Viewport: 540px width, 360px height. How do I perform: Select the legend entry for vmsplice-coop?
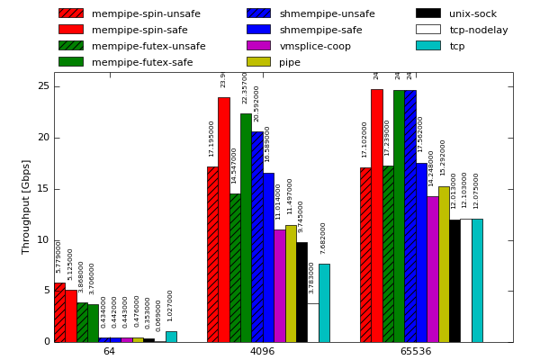point(315,46)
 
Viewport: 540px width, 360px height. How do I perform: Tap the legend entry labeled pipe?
point(290,62)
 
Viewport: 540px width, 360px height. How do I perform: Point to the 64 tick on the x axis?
point(109,351)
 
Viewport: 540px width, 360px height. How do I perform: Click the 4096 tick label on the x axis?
point(262,351)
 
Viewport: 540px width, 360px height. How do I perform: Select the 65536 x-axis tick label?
point(415,351)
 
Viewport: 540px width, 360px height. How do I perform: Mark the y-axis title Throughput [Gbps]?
point(27,206)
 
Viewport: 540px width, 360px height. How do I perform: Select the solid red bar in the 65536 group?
point(376,215)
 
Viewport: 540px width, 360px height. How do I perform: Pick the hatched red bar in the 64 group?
point(59,312)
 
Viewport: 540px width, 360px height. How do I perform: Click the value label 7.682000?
point(324,238)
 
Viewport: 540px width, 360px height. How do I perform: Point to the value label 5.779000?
point(59,256)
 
